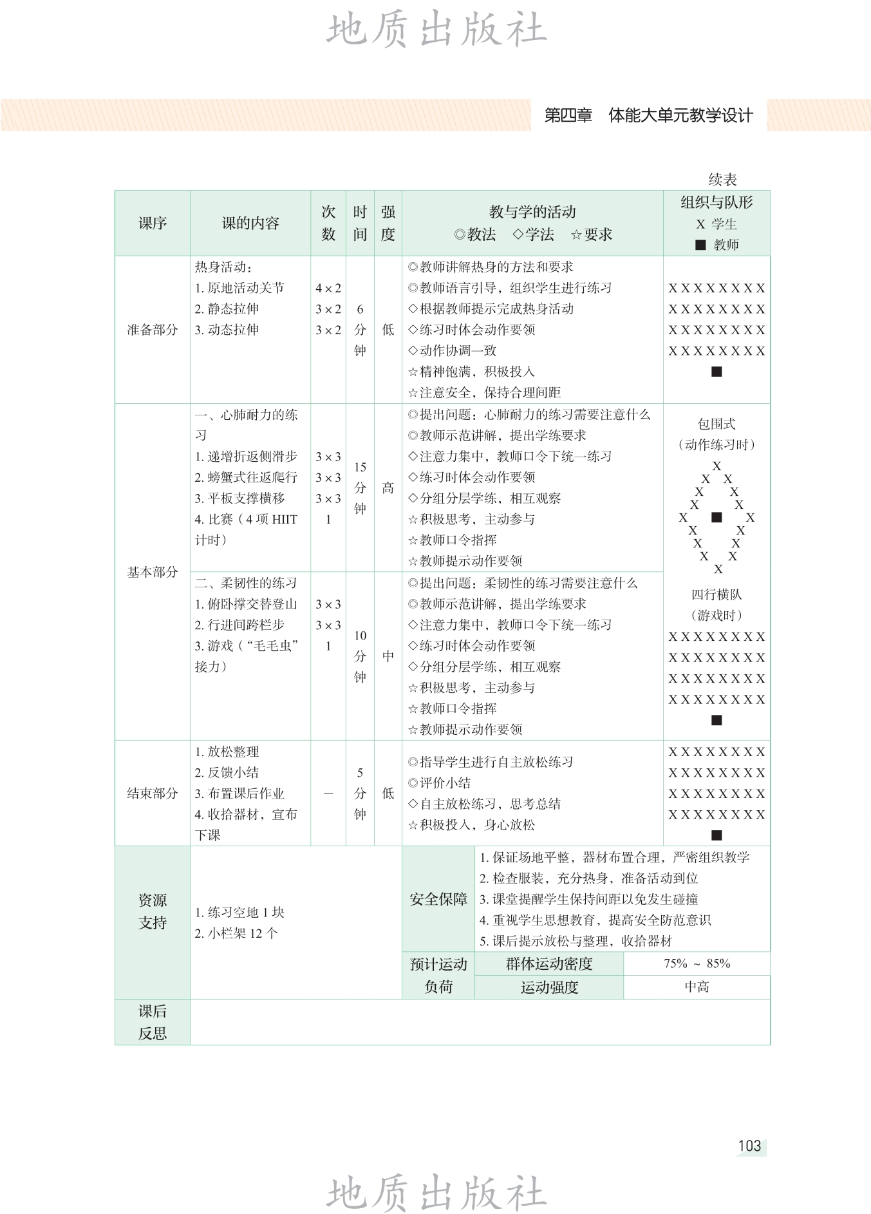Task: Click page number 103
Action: [749, 1146]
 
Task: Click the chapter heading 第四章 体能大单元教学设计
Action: [648, 116]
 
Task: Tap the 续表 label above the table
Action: [722, 180]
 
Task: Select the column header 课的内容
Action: [250, 223]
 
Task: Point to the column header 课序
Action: [153, 223]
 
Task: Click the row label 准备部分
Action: [153, 330]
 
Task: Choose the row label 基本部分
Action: [153, 572]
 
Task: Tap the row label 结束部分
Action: [153, 793]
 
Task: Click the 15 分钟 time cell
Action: [360, 488]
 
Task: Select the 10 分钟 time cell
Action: [360, 656]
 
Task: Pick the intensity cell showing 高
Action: [388, 488]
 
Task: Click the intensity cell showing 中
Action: [388, 656]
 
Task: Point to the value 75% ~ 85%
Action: [697, 963]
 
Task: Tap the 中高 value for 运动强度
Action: [697, 987]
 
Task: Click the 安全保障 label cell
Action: [438, 899]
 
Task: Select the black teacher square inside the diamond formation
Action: [716, 517]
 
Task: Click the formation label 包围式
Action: [716, 424]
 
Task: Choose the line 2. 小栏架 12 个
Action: [236, 933]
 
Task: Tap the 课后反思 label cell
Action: [153, 1022]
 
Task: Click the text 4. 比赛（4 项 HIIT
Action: [246, 519]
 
